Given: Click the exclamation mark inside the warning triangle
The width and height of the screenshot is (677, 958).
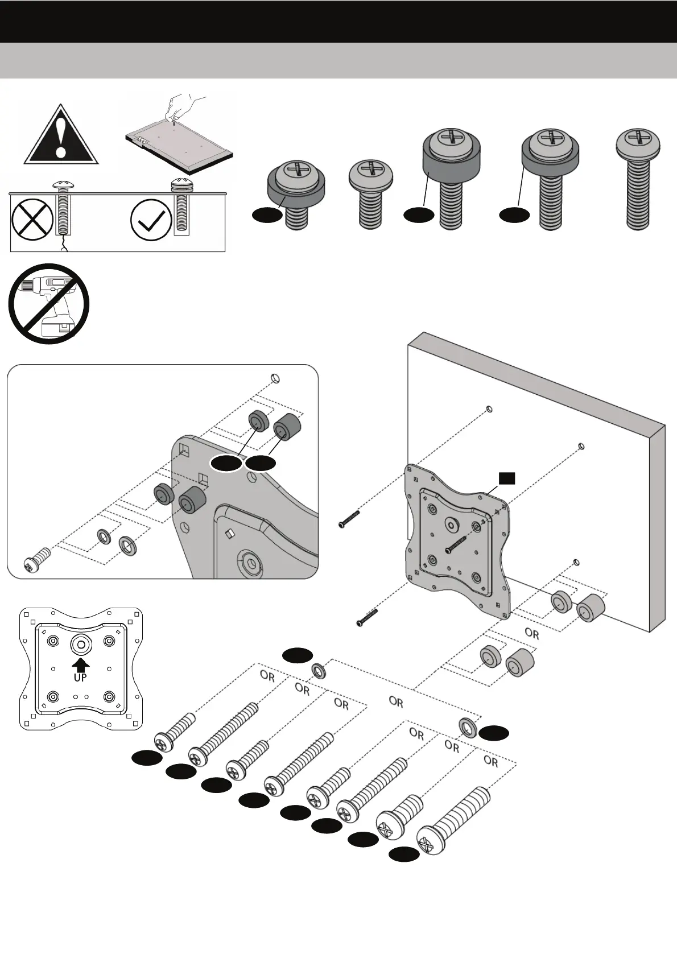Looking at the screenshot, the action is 61,137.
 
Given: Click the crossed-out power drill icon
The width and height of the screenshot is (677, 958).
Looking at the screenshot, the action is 49,304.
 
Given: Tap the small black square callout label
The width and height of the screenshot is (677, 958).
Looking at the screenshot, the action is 507,478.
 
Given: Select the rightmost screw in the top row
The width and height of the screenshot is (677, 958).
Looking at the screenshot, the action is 638,179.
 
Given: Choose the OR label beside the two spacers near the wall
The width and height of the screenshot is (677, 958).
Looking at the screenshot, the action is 531,633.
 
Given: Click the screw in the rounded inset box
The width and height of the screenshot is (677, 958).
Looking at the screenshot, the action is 38,559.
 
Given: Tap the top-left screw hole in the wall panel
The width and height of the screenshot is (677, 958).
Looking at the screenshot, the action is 489,409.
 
